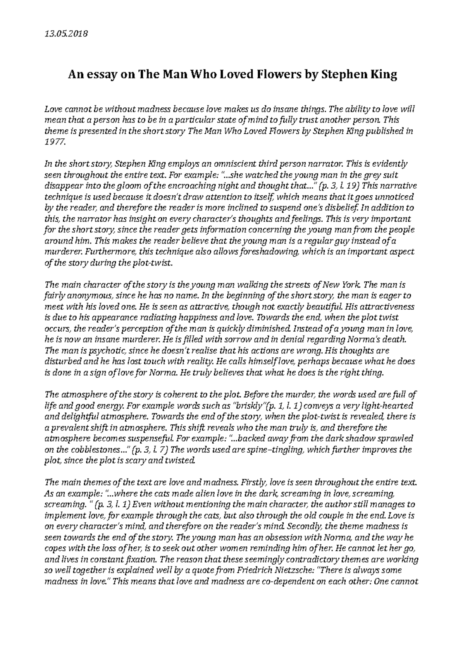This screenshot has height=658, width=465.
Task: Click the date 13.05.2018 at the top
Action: click(x=67, y=34)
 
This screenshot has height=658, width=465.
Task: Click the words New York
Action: click(x=342, y=285)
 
